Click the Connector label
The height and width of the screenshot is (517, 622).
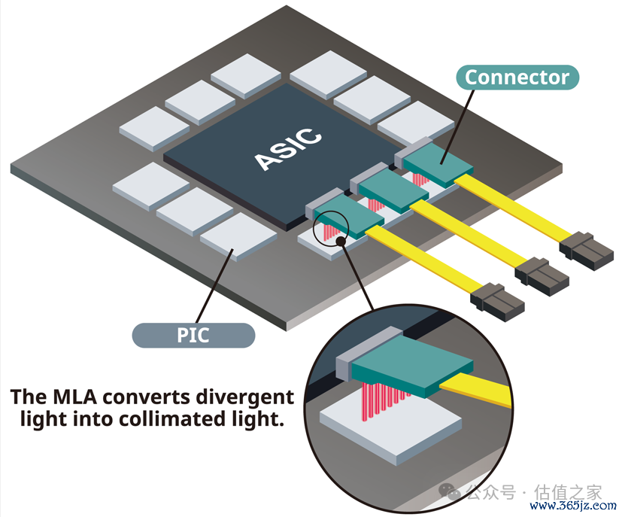click(517, 77)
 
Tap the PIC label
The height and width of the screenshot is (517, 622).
click(193, 336)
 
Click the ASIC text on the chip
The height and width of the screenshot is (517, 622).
click(287, 149)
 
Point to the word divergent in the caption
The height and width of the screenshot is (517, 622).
click(245, 397)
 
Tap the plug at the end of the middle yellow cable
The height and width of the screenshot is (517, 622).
click(542, 277)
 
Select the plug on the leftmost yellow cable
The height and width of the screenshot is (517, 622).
click(497, 302)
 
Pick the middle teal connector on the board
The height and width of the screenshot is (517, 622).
click(393, 191)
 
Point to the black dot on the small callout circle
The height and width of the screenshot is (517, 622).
click(341, 241)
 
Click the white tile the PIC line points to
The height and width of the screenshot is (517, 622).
click(238, 236)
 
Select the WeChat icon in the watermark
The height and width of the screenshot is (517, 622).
click(449, 492)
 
